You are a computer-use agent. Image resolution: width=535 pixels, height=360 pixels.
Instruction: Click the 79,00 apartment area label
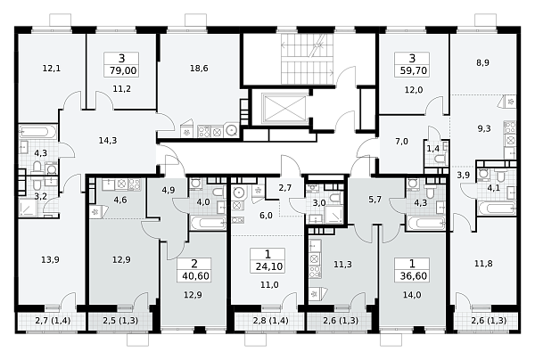coord(123,70)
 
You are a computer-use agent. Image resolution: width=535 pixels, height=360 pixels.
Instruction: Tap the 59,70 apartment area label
coord(413,70)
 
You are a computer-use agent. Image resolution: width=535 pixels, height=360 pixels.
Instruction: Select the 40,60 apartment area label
coord(195,275)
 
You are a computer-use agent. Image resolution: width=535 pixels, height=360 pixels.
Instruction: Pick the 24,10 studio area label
coord(269,266)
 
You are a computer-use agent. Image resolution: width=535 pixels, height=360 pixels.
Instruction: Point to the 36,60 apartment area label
coord(413,275)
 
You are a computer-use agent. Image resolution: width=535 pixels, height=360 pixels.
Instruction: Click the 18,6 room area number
coord(199,69)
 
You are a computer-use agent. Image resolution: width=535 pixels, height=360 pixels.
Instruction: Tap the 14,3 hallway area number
coord(108,140)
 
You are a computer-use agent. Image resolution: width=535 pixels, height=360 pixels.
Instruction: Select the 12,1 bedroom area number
coord(52,69)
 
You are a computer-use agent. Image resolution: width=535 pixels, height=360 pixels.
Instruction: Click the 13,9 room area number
coord(50,260)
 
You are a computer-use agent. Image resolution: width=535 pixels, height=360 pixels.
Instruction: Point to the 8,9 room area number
coord(482,62)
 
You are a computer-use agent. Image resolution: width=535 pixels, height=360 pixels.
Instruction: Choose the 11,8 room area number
coord(483,264)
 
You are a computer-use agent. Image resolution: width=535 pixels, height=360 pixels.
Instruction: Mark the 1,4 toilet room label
coord(433,148)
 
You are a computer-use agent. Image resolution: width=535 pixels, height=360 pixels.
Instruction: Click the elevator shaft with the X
coord(284,109)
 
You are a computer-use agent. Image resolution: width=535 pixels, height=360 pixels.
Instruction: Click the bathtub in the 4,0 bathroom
coord(208,224)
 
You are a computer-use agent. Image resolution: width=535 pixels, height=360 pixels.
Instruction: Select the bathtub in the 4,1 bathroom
coord(497,209)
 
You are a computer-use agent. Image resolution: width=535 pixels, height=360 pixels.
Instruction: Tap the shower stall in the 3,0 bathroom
coord(334,215)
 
